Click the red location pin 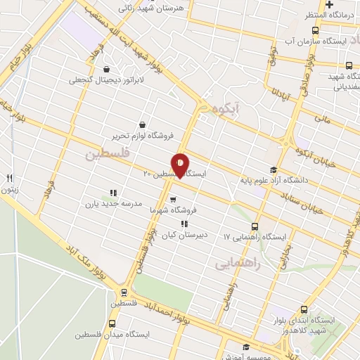[180, 165]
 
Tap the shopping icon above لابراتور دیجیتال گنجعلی [106, 70]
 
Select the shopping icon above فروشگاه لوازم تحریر [143, 124]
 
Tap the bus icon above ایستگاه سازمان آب [314, 30]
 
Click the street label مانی [322, 119]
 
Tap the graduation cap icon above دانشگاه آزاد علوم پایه [274, 169]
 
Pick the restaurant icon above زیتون [10, 178]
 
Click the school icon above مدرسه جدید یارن [112, 192]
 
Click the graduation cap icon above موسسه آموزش [245, 347]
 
